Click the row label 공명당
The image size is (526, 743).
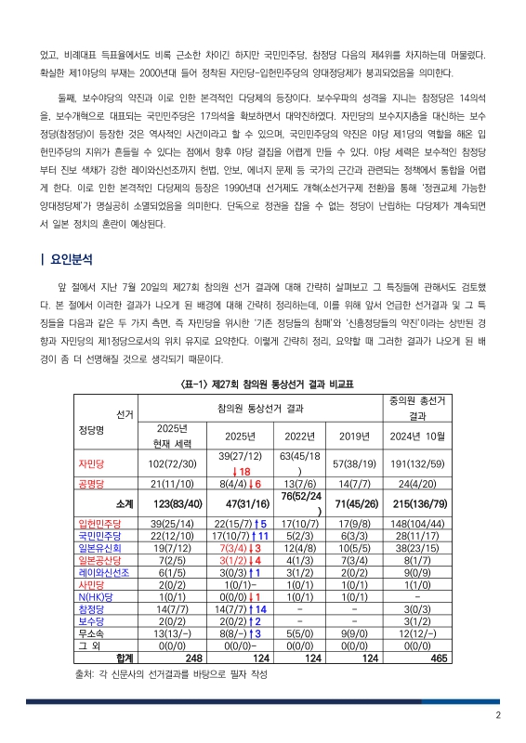point(92,484)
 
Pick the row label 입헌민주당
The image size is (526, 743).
point(99,524)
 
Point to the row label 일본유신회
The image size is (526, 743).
point(99,548)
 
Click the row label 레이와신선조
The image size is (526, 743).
point(101,572)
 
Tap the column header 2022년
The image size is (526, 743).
point(299,436)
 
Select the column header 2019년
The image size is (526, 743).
point(353,436)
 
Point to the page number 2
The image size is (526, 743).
point(498,714)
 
